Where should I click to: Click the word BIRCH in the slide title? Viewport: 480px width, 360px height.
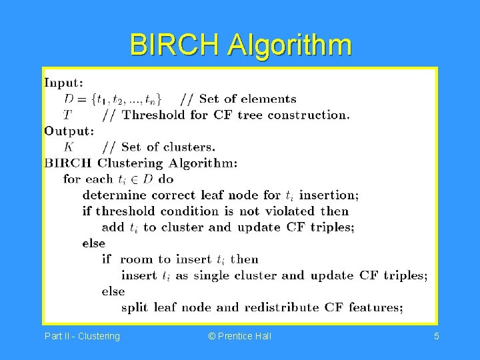[176, 45]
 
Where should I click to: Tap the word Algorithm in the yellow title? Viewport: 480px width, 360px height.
[289, 45]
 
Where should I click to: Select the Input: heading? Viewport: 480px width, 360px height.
[64, 83]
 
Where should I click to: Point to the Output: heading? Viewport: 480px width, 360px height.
[69, 131]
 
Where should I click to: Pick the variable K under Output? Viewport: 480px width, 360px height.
[69, 147]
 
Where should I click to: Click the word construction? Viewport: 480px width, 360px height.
[308, 115]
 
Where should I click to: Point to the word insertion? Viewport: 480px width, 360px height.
[329, 195]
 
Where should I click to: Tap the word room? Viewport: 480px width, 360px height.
[137, 259]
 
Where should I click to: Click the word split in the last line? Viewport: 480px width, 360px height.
[135, 307]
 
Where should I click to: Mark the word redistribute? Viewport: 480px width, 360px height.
[281, 307]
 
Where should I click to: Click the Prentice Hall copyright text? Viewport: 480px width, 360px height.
[240, 336]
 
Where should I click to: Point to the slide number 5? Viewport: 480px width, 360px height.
[436, 336]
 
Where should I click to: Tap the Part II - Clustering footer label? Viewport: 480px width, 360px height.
[82, 336]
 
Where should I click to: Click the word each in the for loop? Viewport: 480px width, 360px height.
[99, 179]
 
